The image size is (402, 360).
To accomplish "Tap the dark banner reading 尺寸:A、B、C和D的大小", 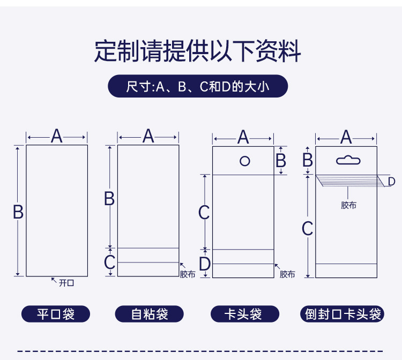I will pyautogui.click(x=198, y=86).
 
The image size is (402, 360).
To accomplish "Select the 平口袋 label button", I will pyautogui.click(x=56, y=314).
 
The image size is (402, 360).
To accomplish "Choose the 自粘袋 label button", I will pyautogui.click(x=149, y=314).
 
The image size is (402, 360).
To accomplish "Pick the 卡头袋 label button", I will pyautogui.click(x=244, y=314).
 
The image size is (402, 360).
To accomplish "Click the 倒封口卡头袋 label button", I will pyautogui.click(x=343, y=314).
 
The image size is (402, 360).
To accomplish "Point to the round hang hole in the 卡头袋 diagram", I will pyautogui.click(x=245, y=160).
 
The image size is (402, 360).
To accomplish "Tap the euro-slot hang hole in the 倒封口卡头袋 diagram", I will pyautogui.click(x=348, y=160).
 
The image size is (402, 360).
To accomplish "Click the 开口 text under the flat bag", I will pyautogui.click(x=66, y=283).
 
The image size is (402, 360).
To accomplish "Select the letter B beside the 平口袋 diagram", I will pyautogui.click(x=18, y=213).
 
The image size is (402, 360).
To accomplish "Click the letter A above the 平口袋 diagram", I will pyautogui.click(x=57, y=137).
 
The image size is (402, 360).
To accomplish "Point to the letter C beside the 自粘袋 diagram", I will pyautogui.click(x=109, y=262).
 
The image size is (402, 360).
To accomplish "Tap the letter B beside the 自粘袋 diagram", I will pyautogui.click(x=109, y=199).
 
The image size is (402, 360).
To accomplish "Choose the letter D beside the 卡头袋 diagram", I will pyautogui.click(x=204, y=264).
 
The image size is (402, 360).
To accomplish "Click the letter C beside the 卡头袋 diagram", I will pyautogui.click(x=204, y=213).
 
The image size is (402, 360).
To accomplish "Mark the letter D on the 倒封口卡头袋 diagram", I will pyautogui.click(x=391, y=182).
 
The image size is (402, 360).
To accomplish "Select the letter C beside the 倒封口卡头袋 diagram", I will pyautogui.click(x=307, y=229).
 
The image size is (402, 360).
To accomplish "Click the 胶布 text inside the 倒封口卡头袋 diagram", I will pyautogui.click(x=348, y=205).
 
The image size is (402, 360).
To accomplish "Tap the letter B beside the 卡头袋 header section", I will pyautogui.click(x=280, y=160).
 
